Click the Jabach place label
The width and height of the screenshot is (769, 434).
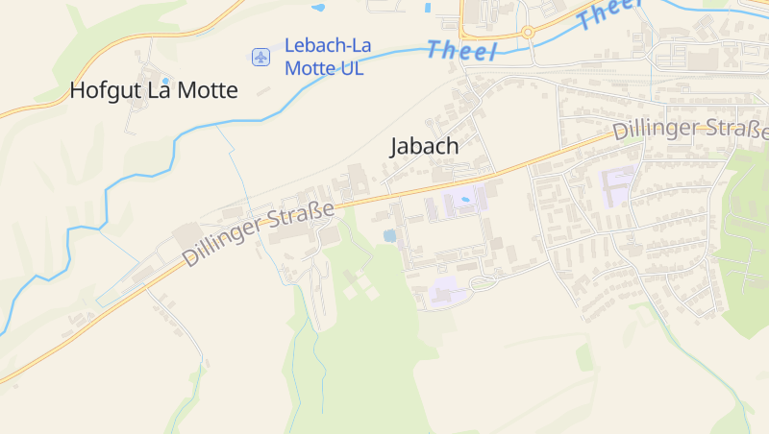coord(424,147)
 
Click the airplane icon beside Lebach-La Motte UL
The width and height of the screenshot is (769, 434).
coord(260,57)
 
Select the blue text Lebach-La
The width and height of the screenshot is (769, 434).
coord(328,46)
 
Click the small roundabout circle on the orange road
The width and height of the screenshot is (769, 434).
coord(528,32)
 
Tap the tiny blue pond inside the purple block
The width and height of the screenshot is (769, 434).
coord(466,200)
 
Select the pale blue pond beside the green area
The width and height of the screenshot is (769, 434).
coord(389,235)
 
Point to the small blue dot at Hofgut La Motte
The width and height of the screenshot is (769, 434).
coord(165,80)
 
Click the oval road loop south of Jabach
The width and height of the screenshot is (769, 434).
coord(483,282)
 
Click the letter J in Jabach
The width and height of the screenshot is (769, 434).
coord(395,147)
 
